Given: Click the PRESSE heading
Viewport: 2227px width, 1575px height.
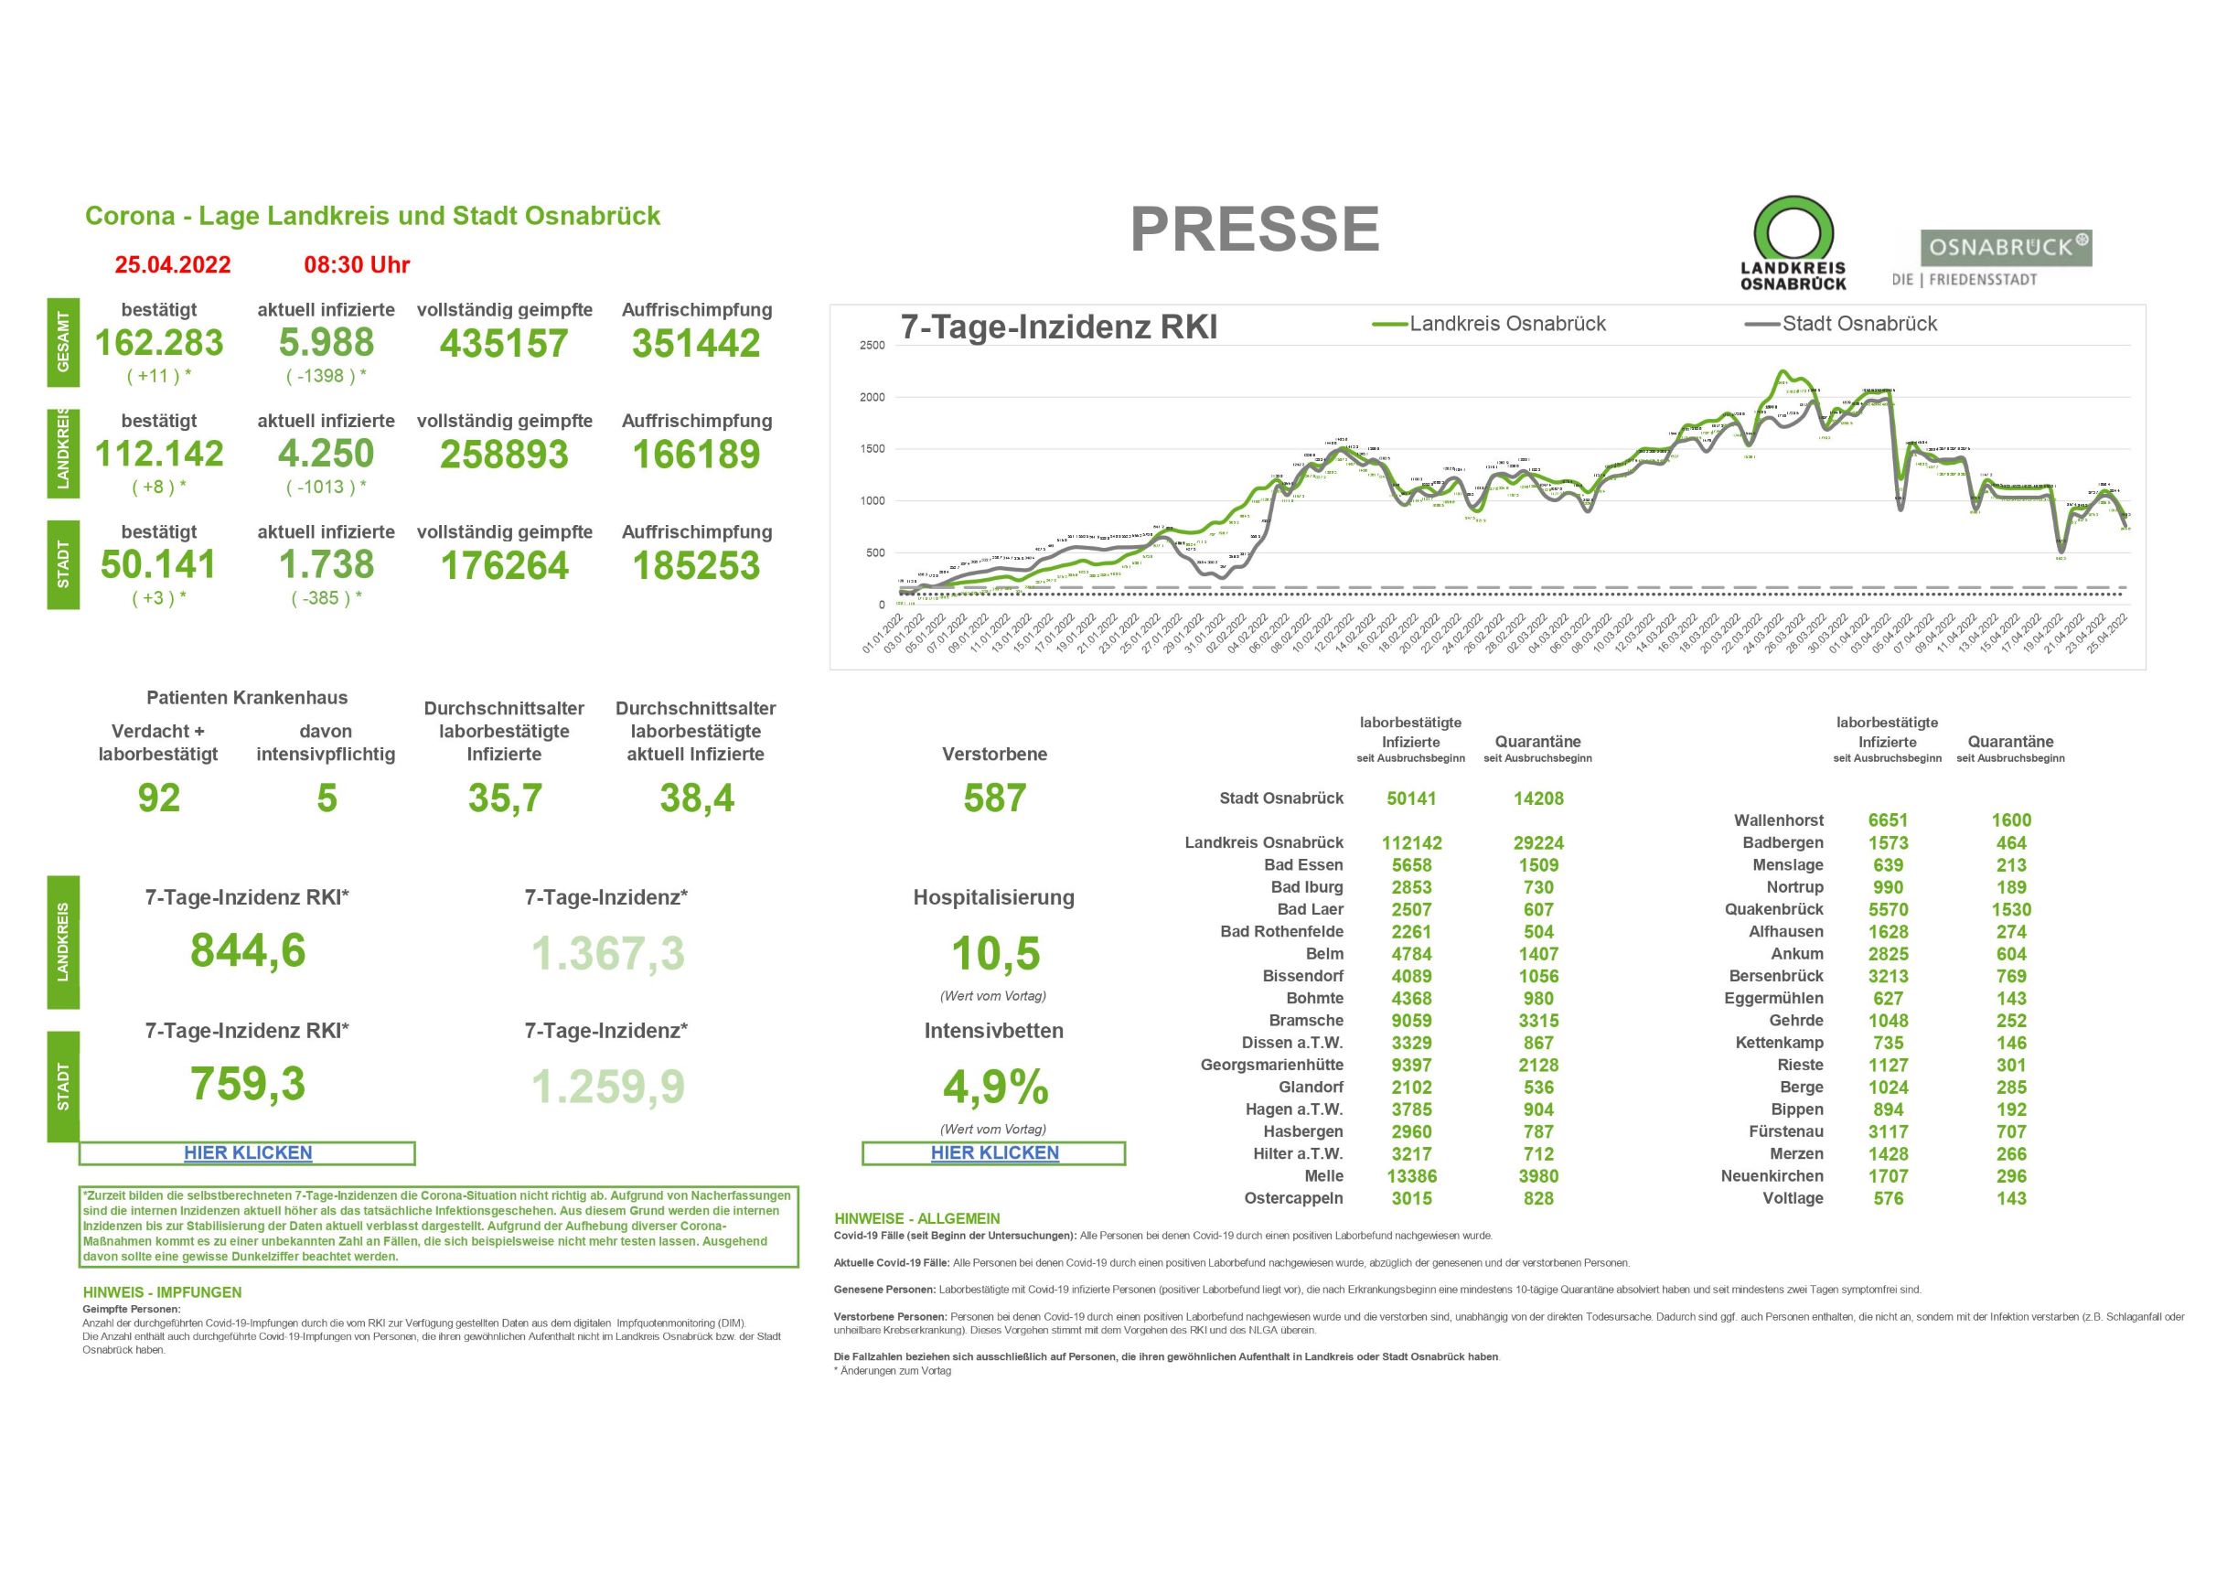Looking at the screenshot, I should (1254, 230).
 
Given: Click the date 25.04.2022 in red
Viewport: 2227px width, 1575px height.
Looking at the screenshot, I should (173, 264).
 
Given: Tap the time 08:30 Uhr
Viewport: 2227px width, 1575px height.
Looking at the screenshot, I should (357, 264).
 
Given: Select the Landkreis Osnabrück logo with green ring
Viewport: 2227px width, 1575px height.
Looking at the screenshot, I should (1793, 243).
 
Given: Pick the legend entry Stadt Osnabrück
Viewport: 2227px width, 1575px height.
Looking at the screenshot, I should (1858, 324).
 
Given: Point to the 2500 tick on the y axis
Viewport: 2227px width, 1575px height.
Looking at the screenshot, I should (872, 345).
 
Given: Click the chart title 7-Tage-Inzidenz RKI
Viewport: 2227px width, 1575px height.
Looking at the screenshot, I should (1058, 327).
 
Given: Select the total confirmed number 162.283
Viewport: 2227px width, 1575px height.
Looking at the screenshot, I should (159, 343).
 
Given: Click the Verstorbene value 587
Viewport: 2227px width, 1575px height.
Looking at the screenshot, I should (994, 798).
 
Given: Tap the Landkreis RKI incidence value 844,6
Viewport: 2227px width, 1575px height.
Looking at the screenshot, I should (247, 950).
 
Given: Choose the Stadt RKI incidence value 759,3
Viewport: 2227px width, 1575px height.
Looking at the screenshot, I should (247, 1083).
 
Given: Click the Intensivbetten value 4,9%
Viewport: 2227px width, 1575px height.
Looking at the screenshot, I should (995, 1087).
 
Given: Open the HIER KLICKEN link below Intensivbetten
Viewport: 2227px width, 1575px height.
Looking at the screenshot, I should (994, 1153).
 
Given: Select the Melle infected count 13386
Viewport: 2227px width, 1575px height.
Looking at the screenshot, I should (1411, 1176).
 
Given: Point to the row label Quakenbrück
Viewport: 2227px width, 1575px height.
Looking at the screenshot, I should (1773, 910).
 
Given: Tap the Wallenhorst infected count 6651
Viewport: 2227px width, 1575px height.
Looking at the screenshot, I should (1888, 820).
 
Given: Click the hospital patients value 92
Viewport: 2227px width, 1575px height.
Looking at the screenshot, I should (159, 798).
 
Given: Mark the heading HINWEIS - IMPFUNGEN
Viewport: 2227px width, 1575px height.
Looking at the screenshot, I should (162, 1292).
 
